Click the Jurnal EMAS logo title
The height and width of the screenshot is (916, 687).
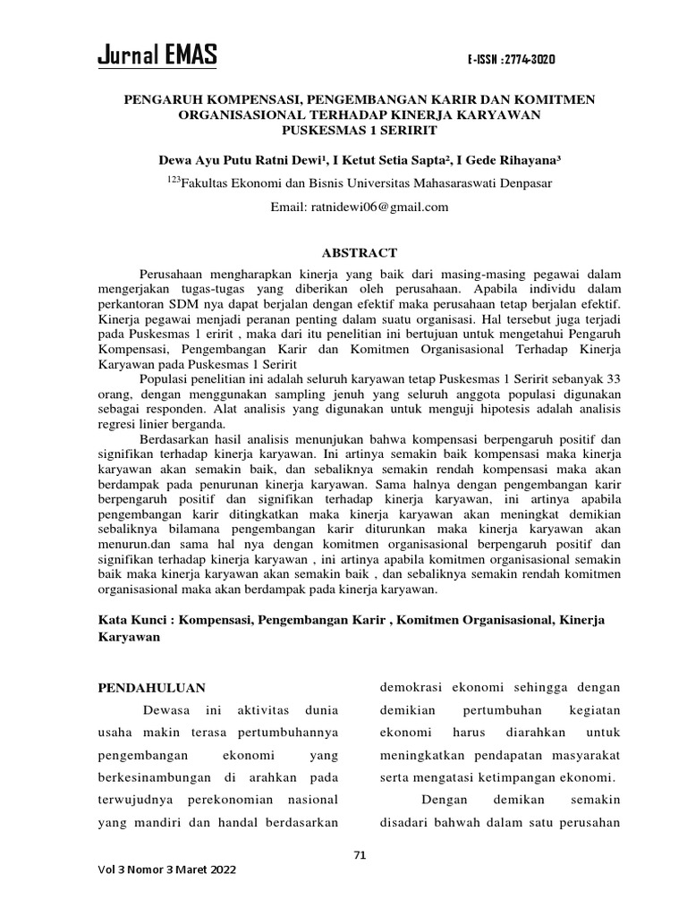(157, 56)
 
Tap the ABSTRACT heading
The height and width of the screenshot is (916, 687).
(359, 253)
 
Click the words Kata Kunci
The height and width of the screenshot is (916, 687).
(131, 620)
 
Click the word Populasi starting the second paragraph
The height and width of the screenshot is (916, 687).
(166, 378)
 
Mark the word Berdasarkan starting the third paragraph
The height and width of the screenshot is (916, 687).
(177, 438)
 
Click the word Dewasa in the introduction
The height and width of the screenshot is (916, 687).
(170, 710)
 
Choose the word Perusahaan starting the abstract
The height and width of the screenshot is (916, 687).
(178, 272)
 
